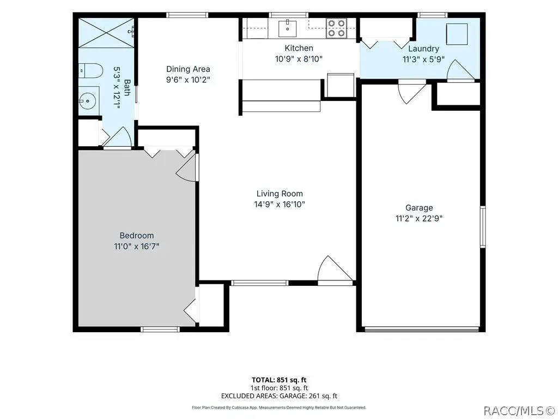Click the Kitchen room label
tap(299, 48)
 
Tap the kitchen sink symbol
tap(287, 28)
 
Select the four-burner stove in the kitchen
tap(336, 28)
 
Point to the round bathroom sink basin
tap(87, 101)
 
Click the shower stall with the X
tap(106, 32)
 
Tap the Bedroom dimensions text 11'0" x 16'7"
tap(136, 246)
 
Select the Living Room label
tap(280, 194)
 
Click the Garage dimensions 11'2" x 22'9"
tap(419, 218)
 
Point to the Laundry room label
tap(423, 49)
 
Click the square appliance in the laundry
tap(457, 34)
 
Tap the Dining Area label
tap(188, 69)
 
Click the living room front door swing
tap(335, 270)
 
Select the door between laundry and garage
tap(411, 92)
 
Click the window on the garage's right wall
tap(483, 226)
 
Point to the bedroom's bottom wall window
tap(160, 329)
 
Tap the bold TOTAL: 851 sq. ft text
tap(279, 380)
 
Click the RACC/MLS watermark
tap(520, 411)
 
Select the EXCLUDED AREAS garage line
tap(279, 396)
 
